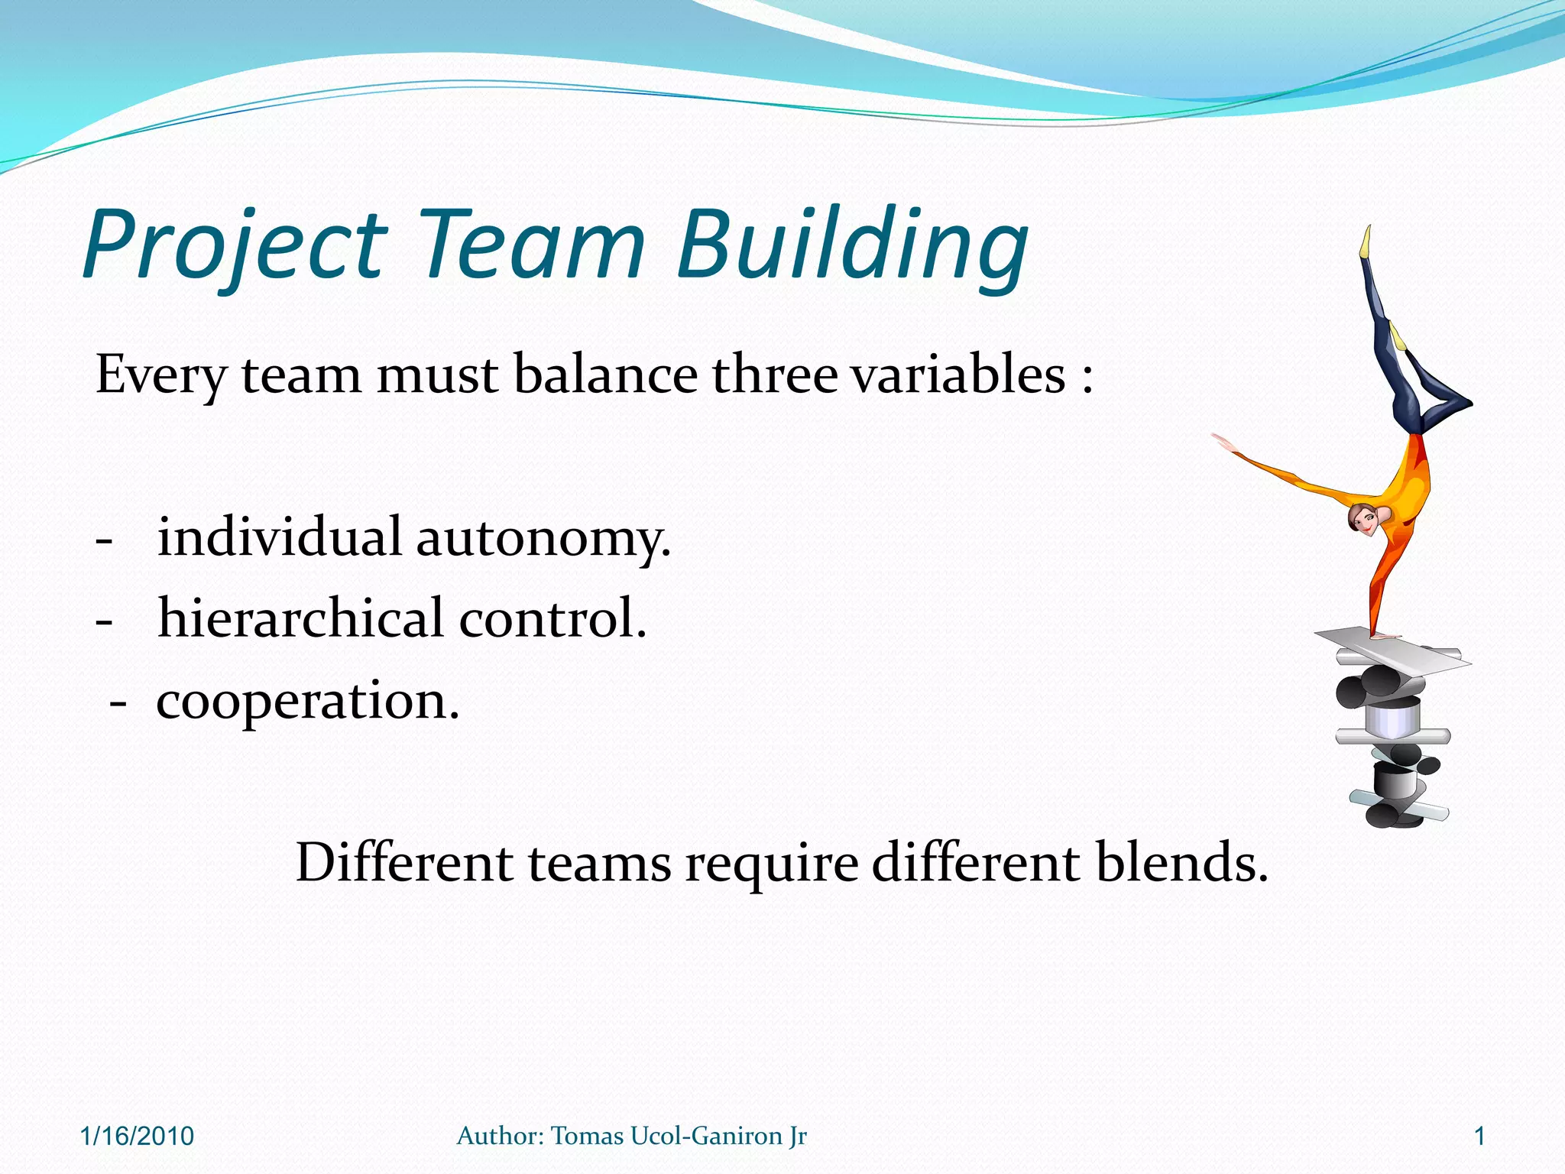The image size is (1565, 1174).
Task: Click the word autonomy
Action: pyautogui.click(x=543, y=537)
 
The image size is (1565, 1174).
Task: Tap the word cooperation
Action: pyautogui.click(x=308, y=701)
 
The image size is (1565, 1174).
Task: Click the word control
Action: pyautogui.click(x=552, y=618)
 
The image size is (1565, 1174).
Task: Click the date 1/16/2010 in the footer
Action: pyautogui.click(x=137, y=1137)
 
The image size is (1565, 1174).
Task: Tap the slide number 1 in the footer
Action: pyautogui.click(x=1479, y=1137)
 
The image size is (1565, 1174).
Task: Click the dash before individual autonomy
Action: pyautogui.click(x=104, y=540)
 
